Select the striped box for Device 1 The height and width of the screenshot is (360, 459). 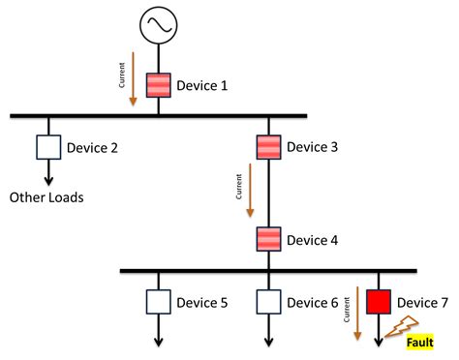[x=159, y=85]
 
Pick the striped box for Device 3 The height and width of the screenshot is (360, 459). [x=268, y=147]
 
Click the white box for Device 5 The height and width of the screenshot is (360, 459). [x=159, y=303]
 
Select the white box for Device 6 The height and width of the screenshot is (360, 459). [x=268, y=303]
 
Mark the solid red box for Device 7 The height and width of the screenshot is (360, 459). [x=378, y=303]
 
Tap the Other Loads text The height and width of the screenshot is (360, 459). [x=47, y=198]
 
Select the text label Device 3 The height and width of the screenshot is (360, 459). [x=312, y=147]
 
